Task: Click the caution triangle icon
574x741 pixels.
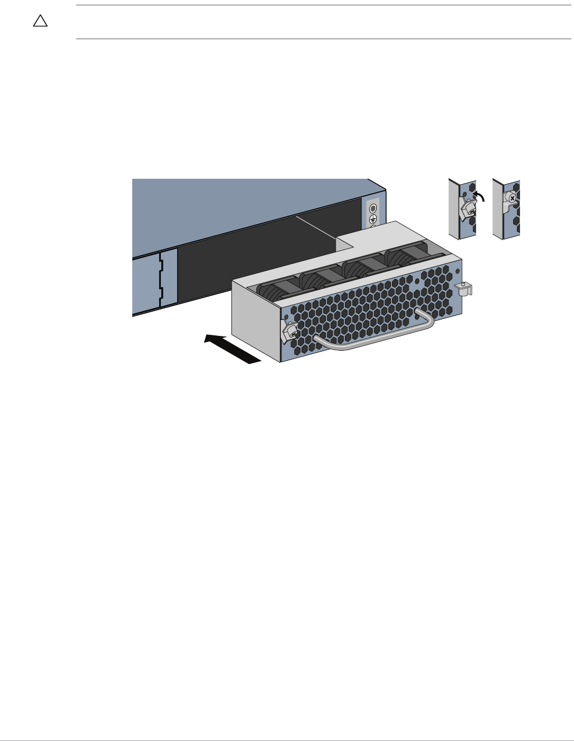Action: (40, 21)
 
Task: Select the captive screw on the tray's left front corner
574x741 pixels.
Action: (290, 331)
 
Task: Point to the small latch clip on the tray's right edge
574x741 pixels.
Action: (463, 288)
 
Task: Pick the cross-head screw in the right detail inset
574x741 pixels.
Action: (512, 198)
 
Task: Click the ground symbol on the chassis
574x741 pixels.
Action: (372, 219)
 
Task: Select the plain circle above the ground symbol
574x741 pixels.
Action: (372, 208)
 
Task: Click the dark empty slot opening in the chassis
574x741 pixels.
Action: (249, 264)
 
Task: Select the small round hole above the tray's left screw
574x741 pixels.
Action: (286, 317)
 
